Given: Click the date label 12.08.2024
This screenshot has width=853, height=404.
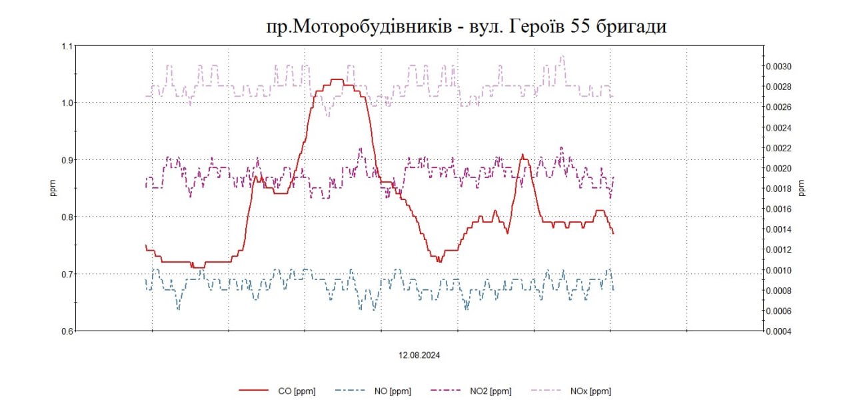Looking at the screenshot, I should tap(419, 355).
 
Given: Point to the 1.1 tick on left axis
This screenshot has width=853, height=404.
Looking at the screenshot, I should tap(66, 46).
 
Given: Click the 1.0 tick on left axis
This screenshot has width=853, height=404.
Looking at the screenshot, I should tap(66, 103).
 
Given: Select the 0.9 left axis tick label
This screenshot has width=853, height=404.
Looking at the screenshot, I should tap(66, 160).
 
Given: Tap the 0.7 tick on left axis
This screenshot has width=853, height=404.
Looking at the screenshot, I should tap(66, 274).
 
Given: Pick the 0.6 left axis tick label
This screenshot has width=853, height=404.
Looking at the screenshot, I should tap(66, 331).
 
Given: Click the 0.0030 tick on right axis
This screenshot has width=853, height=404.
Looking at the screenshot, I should tap(778, 67).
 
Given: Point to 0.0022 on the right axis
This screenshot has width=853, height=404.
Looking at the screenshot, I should tap(778, 148).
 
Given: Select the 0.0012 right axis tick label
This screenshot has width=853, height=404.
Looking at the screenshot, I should tap(778, 250).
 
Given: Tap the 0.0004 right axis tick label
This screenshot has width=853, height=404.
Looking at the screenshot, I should tap(778, 331).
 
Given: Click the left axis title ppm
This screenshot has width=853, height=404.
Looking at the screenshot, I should tap(53, 189).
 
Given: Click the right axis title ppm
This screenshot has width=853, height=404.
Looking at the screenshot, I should tap(802, 189).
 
